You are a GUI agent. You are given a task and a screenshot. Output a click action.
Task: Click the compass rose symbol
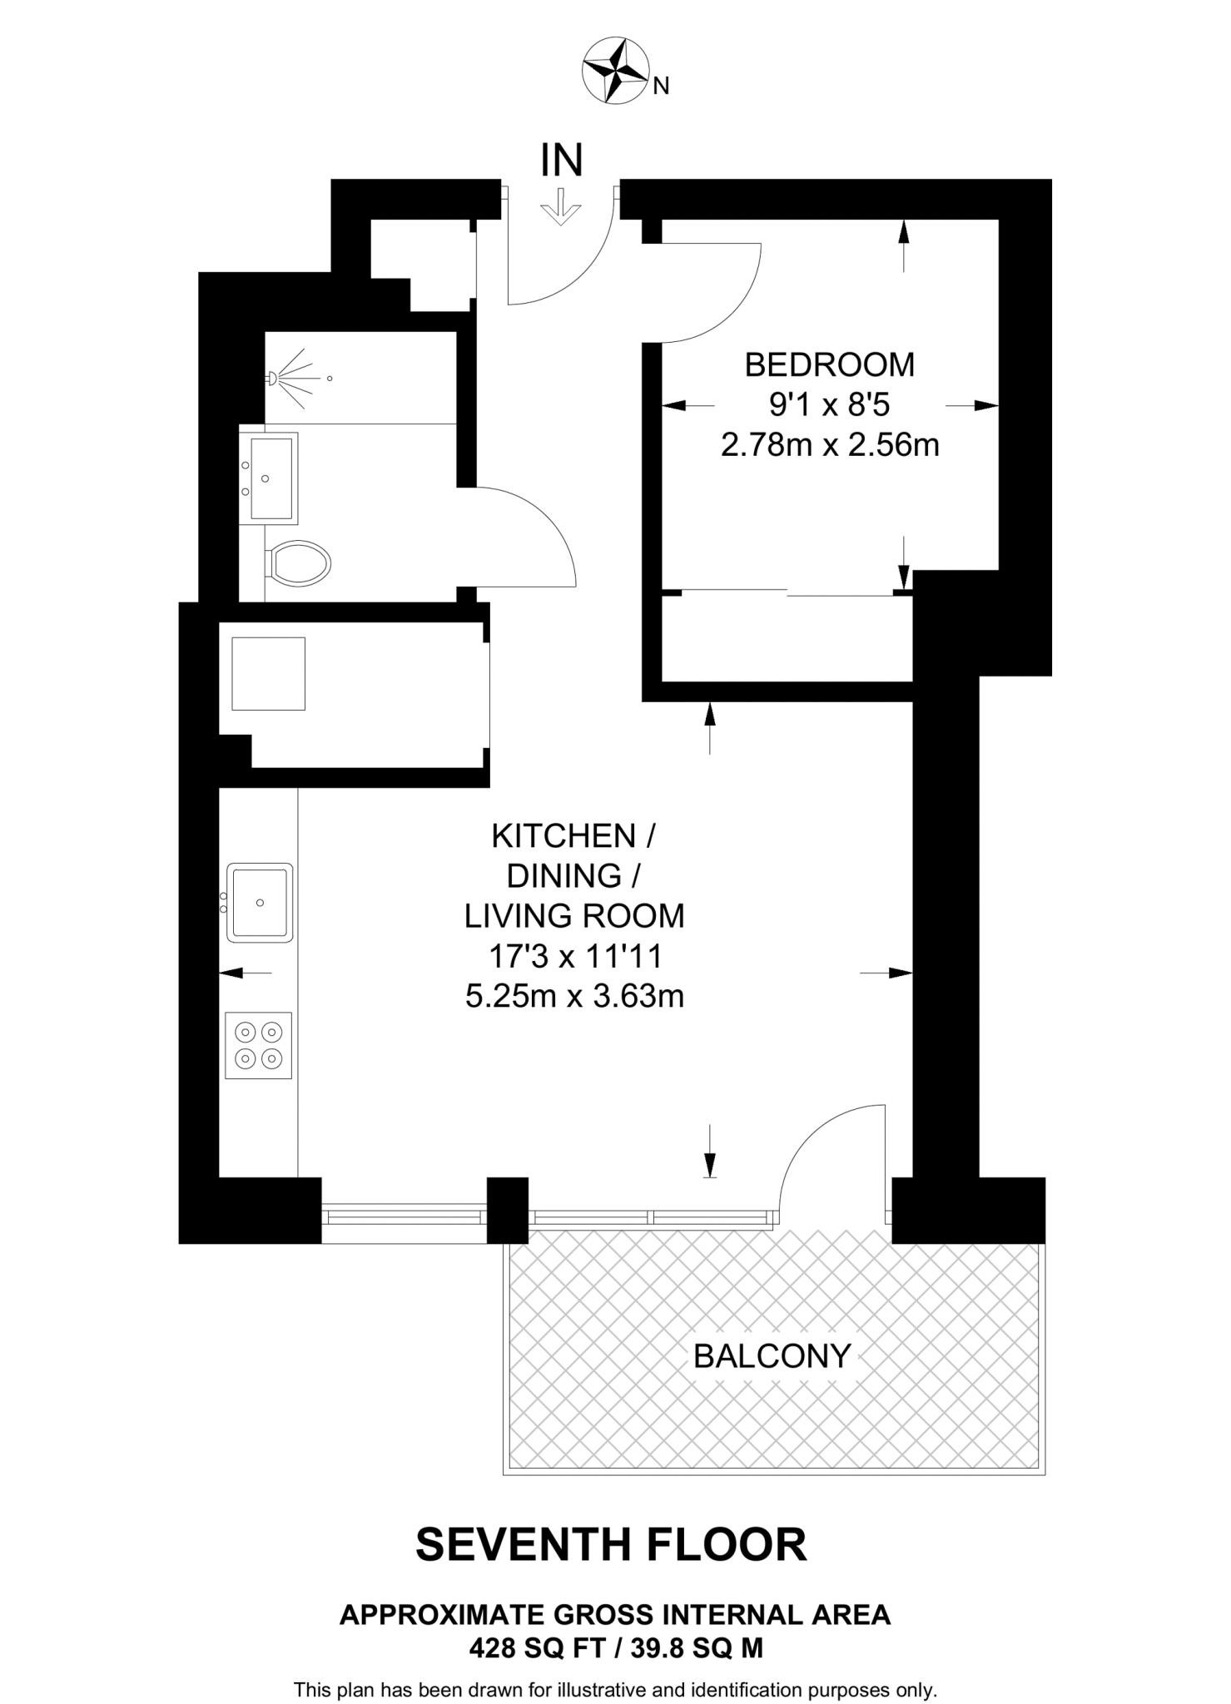[x=615, y=71]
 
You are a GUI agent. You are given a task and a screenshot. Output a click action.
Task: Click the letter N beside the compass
[x=661, y=86]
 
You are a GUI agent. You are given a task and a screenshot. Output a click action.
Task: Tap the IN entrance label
[x=562, y=161]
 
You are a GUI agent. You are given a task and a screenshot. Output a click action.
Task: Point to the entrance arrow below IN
[x=560, y=207]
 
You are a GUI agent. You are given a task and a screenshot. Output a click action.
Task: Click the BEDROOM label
[x=829, y=364]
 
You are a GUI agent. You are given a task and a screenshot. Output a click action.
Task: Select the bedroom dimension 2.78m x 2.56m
[x=829, y=445]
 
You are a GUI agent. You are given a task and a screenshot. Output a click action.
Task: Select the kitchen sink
[x=261, y=902]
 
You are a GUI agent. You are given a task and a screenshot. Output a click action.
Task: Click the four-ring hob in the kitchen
[x=259, y=1045]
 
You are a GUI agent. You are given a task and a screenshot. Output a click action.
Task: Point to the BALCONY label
[x=772, y=1356]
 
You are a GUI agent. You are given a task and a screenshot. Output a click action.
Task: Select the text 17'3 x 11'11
[x=575, y=956]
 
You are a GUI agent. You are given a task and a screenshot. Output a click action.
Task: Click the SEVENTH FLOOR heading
[x=611, y=1544]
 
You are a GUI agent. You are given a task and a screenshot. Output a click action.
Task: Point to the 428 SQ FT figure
[x=537, y=1647]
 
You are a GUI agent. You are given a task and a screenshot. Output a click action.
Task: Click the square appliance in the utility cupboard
[x=268, y=673]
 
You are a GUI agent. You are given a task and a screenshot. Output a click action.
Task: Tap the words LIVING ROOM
[x=574, y=915]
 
